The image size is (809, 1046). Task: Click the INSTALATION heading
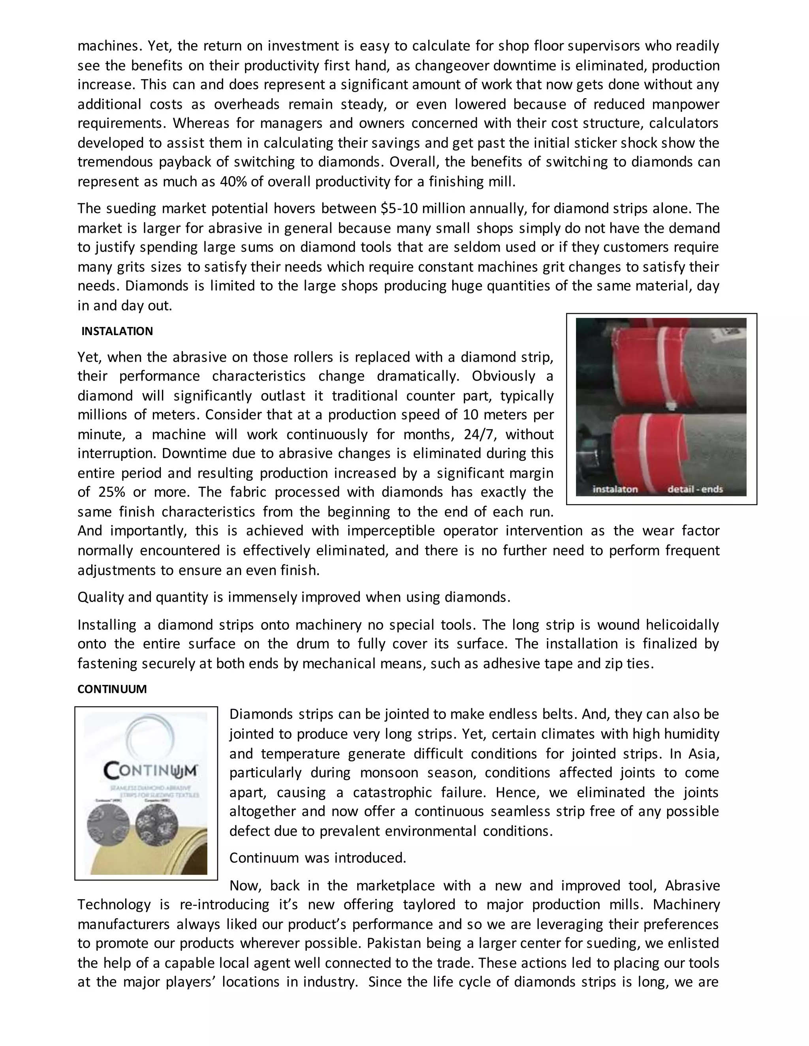117,332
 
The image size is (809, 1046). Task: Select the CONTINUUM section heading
112,689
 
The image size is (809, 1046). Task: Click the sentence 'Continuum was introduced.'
318,857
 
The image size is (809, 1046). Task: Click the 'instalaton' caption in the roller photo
615,489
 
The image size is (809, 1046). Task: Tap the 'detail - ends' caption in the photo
695,489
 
